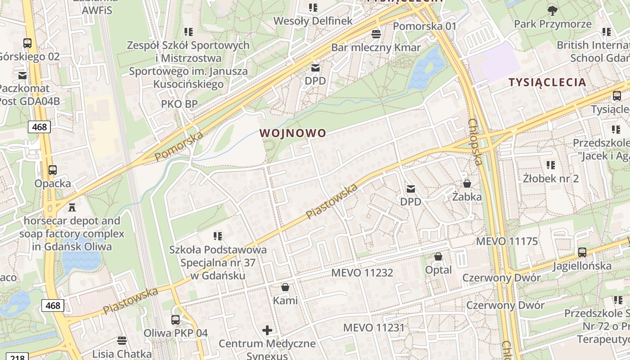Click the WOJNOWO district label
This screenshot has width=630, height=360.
point(292,133)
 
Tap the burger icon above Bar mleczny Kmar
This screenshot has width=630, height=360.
point(376,34)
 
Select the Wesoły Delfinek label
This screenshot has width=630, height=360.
point(313,21)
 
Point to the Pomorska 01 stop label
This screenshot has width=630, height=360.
point(425,26)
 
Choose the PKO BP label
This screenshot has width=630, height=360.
point(179,104)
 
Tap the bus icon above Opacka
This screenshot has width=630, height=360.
point(53,170)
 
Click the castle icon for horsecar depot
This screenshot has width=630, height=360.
point(72,207)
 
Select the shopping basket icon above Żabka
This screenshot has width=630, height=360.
point(467,184)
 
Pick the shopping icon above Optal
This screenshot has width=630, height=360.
point(438,256)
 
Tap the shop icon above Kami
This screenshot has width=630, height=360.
point(285,287)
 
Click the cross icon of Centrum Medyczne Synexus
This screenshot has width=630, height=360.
point(267,331)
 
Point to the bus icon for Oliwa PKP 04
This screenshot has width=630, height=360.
point(175,320)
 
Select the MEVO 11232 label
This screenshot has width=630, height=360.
point(362,273)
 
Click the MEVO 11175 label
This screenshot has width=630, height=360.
point(507,241)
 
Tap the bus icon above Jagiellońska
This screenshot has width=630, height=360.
point(582,252)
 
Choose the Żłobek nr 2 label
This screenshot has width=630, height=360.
point(551,178)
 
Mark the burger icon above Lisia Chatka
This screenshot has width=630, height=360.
point(121,340)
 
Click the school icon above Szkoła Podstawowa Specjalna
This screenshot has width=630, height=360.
point(218,236)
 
